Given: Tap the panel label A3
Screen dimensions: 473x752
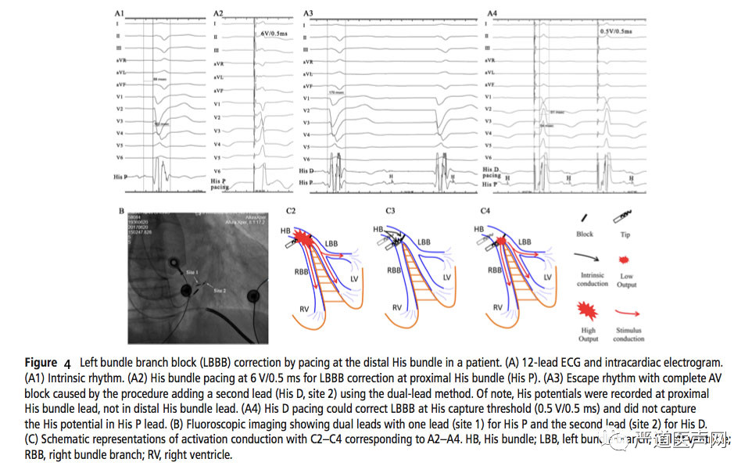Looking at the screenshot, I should click(x=309, y=13).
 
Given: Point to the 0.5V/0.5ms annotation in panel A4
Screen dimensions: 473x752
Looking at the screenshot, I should click(x=617, y=30).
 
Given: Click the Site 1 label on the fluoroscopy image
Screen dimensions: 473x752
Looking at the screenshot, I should click(x=193, y=271).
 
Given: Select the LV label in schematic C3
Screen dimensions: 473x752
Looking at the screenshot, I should click(x=446, y=277).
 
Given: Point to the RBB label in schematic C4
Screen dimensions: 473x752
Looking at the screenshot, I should click(x=494, y=269).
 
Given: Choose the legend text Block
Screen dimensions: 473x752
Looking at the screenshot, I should click(x=584, y=234).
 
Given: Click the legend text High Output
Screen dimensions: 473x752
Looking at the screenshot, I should click(x=588, y=335).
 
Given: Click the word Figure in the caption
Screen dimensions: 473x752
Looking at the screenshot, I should click(x=41, y=363).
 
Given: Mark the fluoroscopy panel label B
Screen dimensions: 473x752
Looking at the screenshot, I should click(x=121, y=210).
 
